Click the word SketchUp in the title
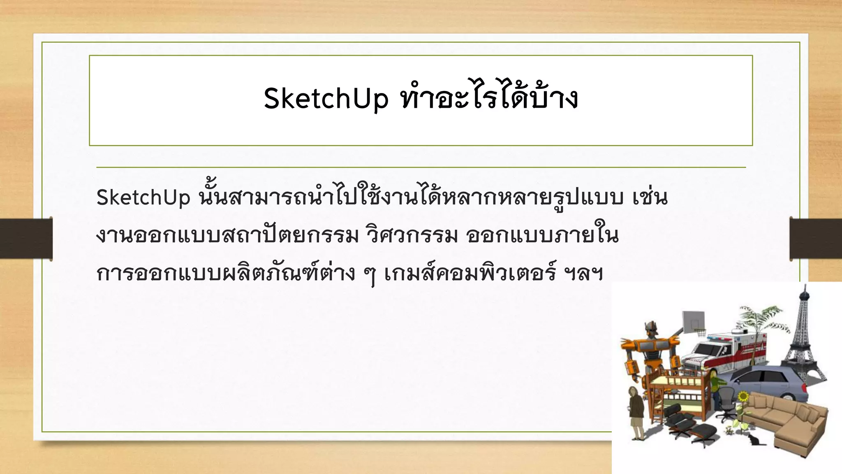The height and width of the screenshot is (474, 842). coord(326,99)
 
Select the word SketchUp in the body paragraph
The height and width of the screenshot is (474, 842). coord(143,198)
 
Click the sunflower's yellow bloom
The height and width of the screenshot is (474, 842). coord(743,397)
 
